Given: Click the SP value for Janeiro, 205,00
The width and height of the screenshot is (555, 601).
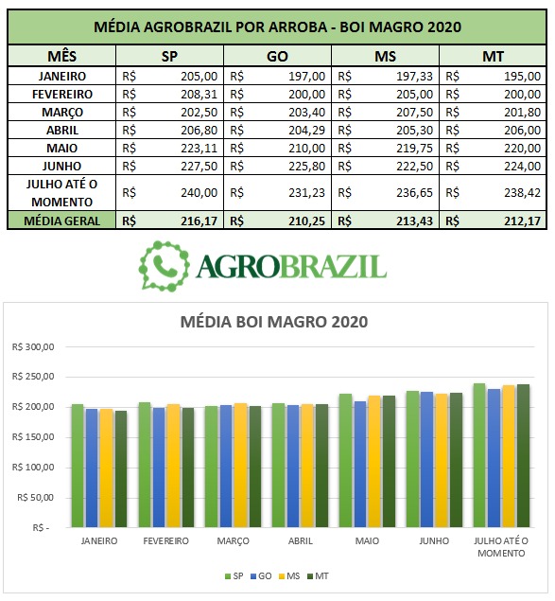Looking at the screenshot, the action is point(199,77).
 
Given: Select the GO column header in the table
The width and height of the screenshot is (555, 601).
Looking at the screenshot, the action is point(277,57).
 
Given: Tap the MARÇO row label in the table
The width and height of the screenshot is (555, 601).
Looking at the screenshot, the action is point(62,113).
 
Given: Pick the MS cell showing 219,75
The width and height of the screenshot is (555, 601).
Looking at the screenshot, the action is point(414,149).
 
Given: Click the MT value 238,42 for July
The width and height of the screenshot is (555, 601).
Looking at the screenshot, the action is point(523,192).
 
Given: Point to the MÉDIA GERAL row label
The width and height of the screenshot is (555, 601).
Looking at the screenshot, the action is point(61,221).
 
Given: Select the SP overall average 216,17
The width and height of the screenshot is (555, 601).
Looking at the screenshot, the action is point(199,221).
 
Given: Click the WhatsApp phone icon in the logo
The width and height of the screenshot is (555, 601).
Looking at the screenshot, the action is point(165,265).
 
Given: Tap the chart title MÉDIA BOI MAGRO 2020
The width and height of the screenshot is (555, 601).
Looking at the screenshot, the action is point(274,322).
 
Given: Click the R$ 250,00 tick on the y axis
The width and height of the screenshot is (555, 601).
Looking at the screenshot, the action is point(33,377).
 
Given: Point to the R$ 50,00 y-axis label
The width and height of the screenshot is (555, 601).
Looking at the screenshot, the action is point(36,498).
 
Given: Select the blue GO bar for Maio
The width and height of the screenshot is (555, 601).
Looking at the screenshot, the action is point(359,464).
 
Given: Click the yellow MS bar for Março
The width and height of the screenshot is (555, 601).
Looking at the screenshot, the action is point(240,465).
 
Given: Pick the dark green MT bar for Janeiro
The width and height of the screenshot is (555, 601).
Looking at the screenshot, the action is point(121,468).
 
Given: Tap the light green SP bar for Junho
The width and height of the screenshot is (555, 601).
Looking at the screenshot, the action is point(412,459).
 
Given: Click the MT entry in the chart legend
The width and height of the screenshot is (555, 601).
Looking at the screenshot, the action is point(318,576).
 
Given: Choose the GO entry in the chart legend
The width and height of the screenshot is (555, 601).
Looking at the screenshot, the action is point(261,576).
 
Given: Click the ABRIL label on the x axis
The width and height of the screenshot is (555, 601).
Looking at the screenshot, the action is point(301,540).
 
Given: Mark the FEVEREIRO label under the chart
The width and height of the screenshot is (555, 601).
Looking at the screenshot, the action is point(165,540).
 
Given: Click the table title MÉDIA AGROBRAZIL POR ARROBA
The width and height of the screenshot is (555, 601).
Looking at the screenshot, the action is point(211,27).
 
